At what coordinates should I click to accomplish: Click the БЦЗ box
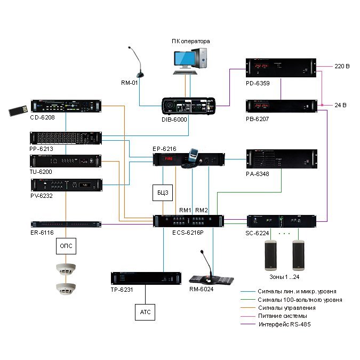(x=163, y=193)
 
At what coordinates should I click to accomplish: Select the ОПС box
(x=66, y=246)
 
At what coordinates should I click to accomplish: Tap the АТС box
(x=145, y=312)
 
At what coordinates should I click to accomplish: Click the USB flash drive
(x=18, y=110)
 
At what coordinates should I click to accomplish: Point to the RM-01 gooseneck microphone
(x=137, y=62)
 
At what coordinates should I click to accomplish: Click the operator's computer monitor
(x=184, y=60)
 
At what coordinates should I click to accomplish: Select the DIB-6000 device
(x=188, y=106)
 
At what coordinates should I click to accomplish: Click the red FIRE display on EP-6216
(x=169, y=158)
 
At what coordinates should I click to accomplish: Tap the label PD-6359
(x=258, y=83)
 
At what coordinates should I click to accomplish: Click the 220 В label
(x=342, y=66)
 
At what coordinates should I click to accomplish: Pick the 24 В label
(x=340, y=105)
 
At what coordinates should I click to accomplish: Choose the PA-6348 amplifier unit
(x=282, y=159)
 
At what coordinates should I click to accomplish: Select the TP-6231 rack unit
(x=146, y=278)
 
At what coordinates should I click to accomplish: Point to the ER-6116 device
(x=66, y=224)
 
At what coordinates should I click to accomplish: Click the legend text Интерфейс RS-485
(x=284, y=324)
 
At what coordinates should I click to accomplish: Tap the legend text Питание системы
(x=282, y=316)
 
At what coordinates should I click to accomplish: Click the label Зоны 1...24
(x=284, y=277)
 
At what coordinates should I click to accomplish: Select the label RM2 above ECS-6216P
(x=202, y=210)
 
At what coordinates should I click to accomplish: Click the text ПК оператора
(x=190, y=41)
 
